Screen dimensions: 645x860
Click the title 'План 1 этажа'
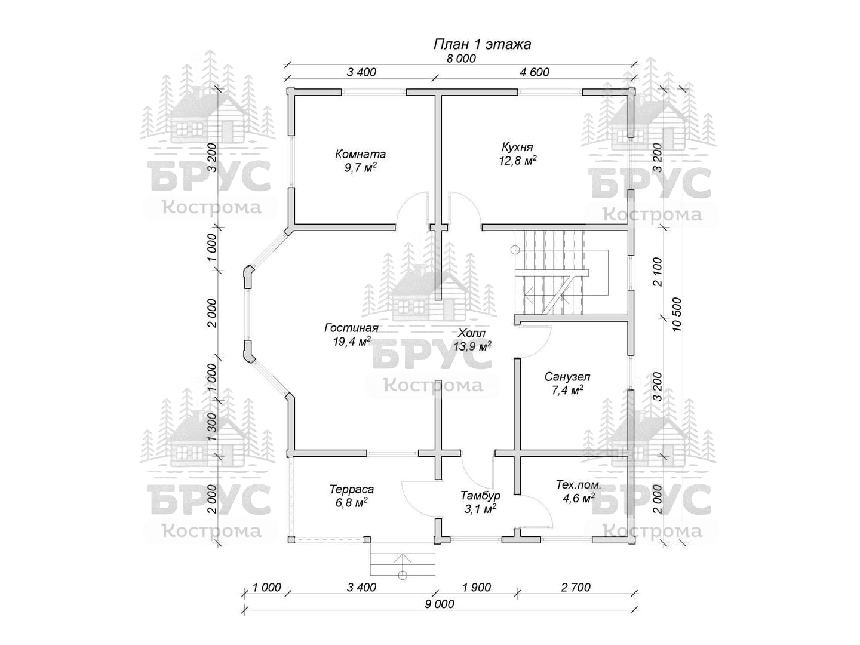pyautogui.click(x=481, y=44)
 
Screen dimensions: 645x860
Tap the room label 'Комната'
pyautogui.click(x=360, y=154)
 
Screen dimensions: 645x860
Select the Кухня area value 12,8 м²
pyautogui.click(x=517, y=160)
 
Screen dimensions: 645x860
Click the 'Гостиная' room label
pyautogui.click(x=351, y=328)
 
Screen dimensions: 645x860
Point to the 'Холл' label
pyautogui.click(x=472, y=333)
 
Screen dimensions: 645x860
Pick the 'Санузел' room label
pyautogui.click(x=567, y=377)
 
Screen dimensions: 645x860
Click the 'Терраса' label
pyautogui.click(x=351, y=490)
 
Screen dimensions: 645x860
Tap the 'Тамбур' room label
pyautogui.click(x=480, y=496)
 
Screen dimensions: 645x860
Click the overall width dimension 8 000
pyautogui.click(x=461, y=59)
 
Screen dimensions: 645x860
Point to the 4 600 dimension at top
pyautogui.click(x=535, y=72)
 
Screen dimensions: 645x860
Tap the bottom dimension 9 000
pyautogui.click(x=440, y=604)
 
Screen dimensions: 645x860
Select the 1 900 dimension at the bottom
pyautogui.click(x=476, y=588)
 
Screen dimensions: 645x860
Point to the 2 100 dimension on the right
pyautogui.click(x=658, y=272)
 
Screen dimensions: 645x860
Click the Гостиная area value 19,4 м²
pyautogui.click(x=351, y=342)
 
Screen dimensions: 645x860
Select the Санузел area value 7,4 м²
pyautogui.click(x=567, y=390)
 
